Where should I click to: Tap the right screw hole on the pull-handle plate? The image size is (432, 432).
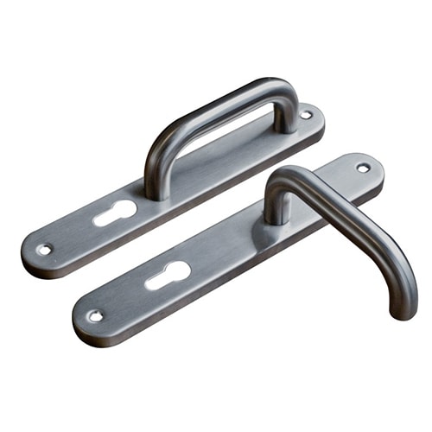click(306, 114)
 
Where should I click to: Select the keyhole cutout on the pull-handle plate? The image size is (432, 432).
click(115, 212)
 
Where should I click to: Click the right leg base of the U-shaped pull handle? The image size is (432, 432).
click(286, 121)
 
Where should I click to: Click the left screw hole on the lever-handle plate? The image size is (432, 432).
click(95, 315)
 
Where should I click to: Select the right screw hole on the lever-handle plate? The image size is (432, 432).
click(363, 168)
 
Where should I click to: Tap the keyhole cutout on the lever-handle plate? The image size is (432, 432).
click(168, 275)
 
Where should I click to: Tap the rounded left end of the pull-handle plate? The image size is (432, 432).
click(28, 251)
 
